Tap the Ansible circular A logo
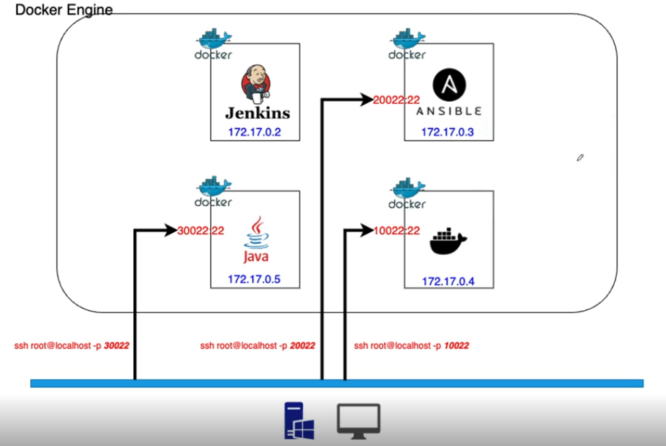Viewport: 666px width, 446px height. [x=449, y=85]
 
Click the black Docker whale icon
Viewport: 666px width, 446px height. [x=448, y=242]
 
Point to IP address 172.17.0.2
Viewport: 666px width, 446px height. [x=255, y=132]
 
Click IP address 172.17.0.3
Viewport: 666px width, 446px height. [x=447, y=132]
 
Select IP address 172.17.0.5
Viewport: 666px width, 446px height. [x=254, y=279]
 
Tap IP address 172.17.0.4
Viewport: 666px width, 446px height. [x=448, y=281]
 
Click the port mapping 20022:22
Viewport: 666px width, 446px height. [x=396, y=100]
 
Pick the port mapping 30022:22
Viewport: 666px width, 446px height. [x=201, y=231]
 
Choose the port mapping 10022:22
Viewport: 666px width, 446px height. [x=397, y=231]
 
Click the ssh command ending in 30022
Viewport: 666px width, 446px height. [x=72, y=346]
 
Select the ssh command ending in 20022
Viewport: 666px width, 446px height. [x=258, y=346]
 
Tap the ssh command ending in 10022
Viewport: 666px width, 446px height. [x=411, y=346]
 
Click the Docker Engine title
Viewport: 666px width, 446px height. [x=64, y=10]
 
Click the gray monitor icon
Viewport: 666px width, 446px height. [x=359, y=420]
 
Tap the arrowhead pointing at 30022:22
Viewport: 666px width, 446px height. [x=170, y=231]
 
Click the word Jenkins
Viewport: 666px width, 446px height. [x=258, y=113]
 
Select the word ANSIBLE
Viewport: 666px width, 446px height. [x=448, y=111]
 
